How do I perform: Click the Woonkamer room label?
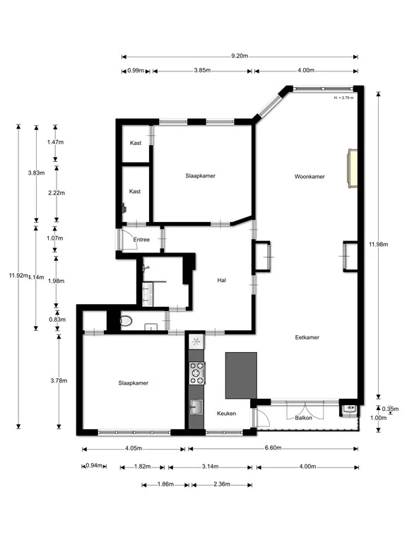pyautogui.click(x=309, y=177)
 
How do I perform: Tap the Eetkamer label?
pyautogui.click(x=307, y=337)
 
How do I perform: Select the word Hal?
pyautogui.click(x=222, y=281)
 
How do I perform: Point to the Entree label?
pyautogui.click(x=141, y=240)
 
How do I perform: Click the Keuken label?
pyautogui.click(x=226, y=413)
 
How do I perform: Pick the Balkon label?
pyautogui.click(x=304, y=418)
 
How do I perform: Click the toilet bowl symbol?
pyautogui.click(x=126, y=321)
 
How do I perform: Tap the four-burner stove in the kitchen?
pyautogui.click(x=196, y=372)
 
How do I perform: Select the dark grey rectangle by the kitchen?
pyautogui.click(x=241, y=375)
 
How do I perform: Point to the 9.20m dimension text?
pyautogui.click(x=239, y=56)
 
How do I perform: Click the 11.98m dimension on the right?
pyautogui.click(x=378, y=245)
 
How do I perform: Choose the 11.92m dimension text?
pyautogui.click(x=18, y=276)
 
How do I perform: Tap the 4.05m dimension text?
pyautogui.click(x=134, y=448)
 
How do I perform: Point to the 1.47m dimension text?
pyautogui.click(x=56, y=142)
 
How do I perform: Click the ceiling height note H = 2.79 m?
pyautogui.click(x=343, y=98)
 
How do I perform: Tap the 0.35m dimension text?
pyautogui.click(x=390, y=409)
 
